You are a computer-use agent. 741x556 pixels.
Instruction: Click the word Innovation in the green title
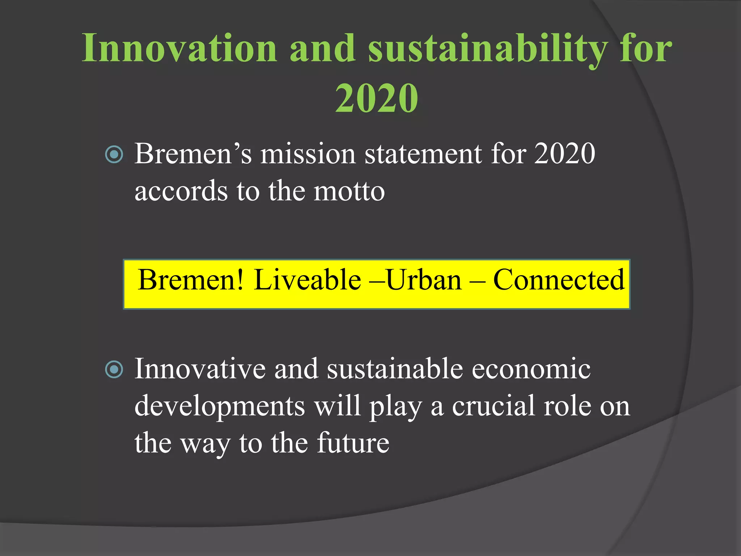tap(179, 48)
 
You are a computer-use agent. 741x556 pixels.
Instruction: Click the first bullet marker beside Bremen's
tap(114, 155)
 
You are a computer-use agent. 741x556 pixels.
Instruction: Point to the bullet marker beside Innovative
tap(114, 370)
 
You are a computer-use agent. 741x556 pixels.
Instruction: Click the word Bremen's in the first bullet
tap(193, 153)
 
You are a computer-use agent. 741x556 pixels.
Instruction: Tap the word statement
tap(423, 153)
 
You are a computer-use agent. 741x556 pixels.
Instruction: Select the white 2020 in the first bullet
tap(564, 153)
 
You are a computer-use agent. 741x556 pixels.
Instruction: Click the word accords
tap(181, 191)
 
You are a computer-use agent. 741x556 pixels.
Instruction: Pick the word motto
tap(349, 191)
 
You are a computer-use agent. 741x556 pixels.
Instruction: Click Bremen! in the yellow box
tap(191, 280)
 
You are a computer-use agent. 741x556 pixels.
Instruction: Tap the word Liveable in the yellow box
tap(307, 280)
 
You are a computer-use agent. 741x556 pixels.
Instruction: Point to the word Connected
tap(559, 280)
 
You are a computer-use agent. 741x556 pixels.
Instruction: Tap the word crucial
tap(494, 406)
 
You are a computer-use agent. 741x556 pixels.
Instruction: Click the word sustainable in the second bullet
tap(395, 368)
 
